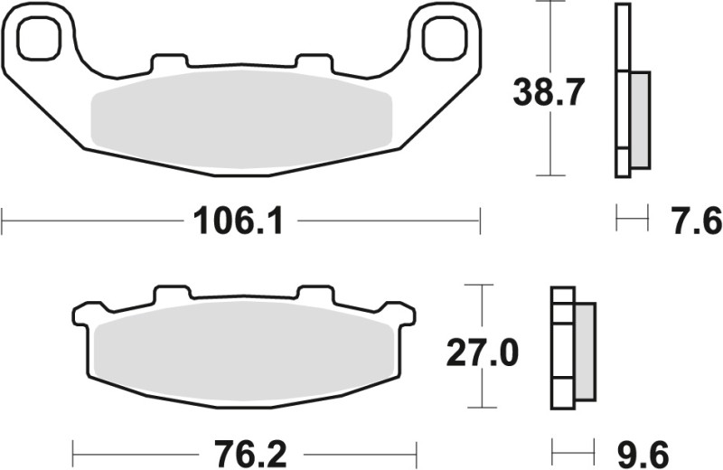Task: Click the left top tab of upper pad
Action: point(170,63)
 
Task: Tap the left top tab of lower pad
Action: point(173,295)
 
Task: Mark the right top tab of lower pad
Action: point(315,295)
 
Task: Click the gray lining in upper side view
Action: point(638,119)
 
